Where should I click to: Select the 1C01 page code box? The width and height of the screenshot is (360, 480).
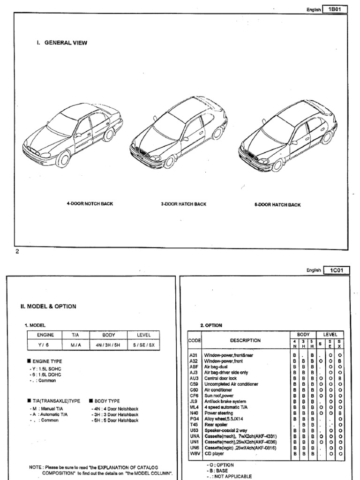tap(336, 270)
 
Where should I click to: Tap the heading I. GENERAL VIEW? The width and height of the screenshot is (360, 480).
tap(62, 43)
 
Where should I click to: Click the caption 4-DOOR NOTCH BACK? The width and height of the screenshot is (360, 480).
tap(90, 204)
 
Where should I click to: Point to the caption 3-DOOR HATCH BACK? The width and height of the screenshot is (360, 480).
tap(183, 204)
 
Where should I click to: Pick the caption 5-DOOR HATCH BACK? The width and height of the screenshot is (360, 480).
tap(277, 205)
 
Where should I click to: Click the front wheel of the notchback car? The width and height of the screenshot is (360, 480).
tap(62, 159)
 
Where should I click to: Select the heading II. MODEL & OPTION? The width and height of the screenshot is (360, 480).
tap(48, 307)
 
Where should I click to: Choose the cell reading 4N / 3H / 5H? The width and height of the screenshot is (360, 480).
tap(108, 345)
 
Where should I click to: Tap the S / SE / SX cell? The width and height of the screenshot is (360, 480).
tap(143, 345)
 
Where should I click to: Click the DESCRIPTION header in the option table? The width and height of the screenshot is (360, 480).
tap(245, 341)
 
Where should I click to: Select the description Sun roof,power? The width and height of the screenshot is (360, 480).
tap(218, 396)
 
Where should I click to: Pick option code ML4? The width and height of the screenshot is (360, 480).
tap(194, 407)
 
